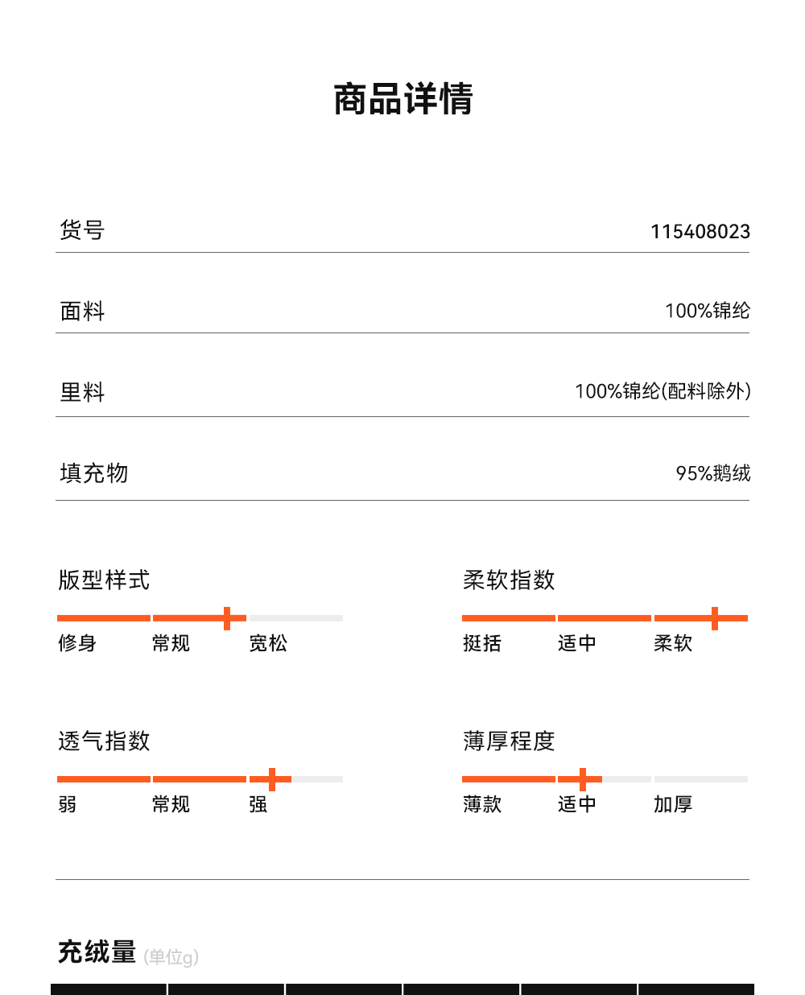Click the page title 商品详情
[x=403, y=99]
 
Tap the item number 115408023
[x=700, y=232]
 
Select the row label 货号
[x=82, y=230]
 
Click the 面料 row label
[x=82, y=311]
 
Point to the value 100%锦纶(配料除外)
[x=662, y=391]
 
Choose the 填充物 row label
[x=93, y=473]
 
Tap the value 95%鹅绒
[x=712, y=473]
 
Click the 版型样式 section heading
[x=104, y=580]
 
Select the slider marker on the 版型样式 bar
[x=227, y=618]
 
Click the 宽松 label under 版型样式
[x=268, y=643]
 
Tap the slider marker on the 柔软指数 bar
[x=714, y=618]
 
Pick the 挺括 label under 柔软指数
[x=482, y=643]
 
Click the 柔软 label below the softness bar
[x=673, y=643]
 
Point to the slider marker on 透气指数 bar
[x=272, y=779]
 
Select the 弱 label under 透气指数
[x=68, y=804]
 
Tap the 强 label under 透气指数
[x=258, y=804]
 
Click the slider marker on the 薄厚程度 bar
[x=583, y=779]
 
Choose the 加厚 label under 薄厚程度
[x=673, y=804]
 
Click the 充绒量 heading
[x=97, y=952]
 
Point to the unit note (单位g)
[x=171, y=957]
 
